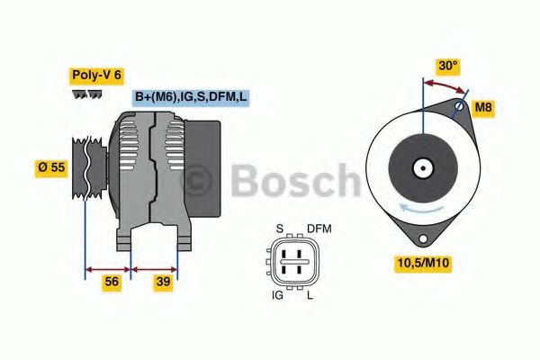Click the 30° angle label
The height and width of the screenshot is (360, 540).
pyautogui.click(x=447, y=66)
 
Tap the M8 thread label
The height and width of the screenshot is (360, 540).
pyautogui.click(x=484, y=109)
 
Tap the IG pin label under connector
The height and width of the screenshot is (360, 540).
pyautogui.click(x=278, y=294)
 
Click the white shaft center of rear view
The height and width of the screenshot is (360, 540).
pyautogui.click(x=421, y=167)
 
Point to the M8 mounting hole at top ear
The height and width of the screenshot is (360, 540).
pyautogui.click(x=459, y=107)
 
